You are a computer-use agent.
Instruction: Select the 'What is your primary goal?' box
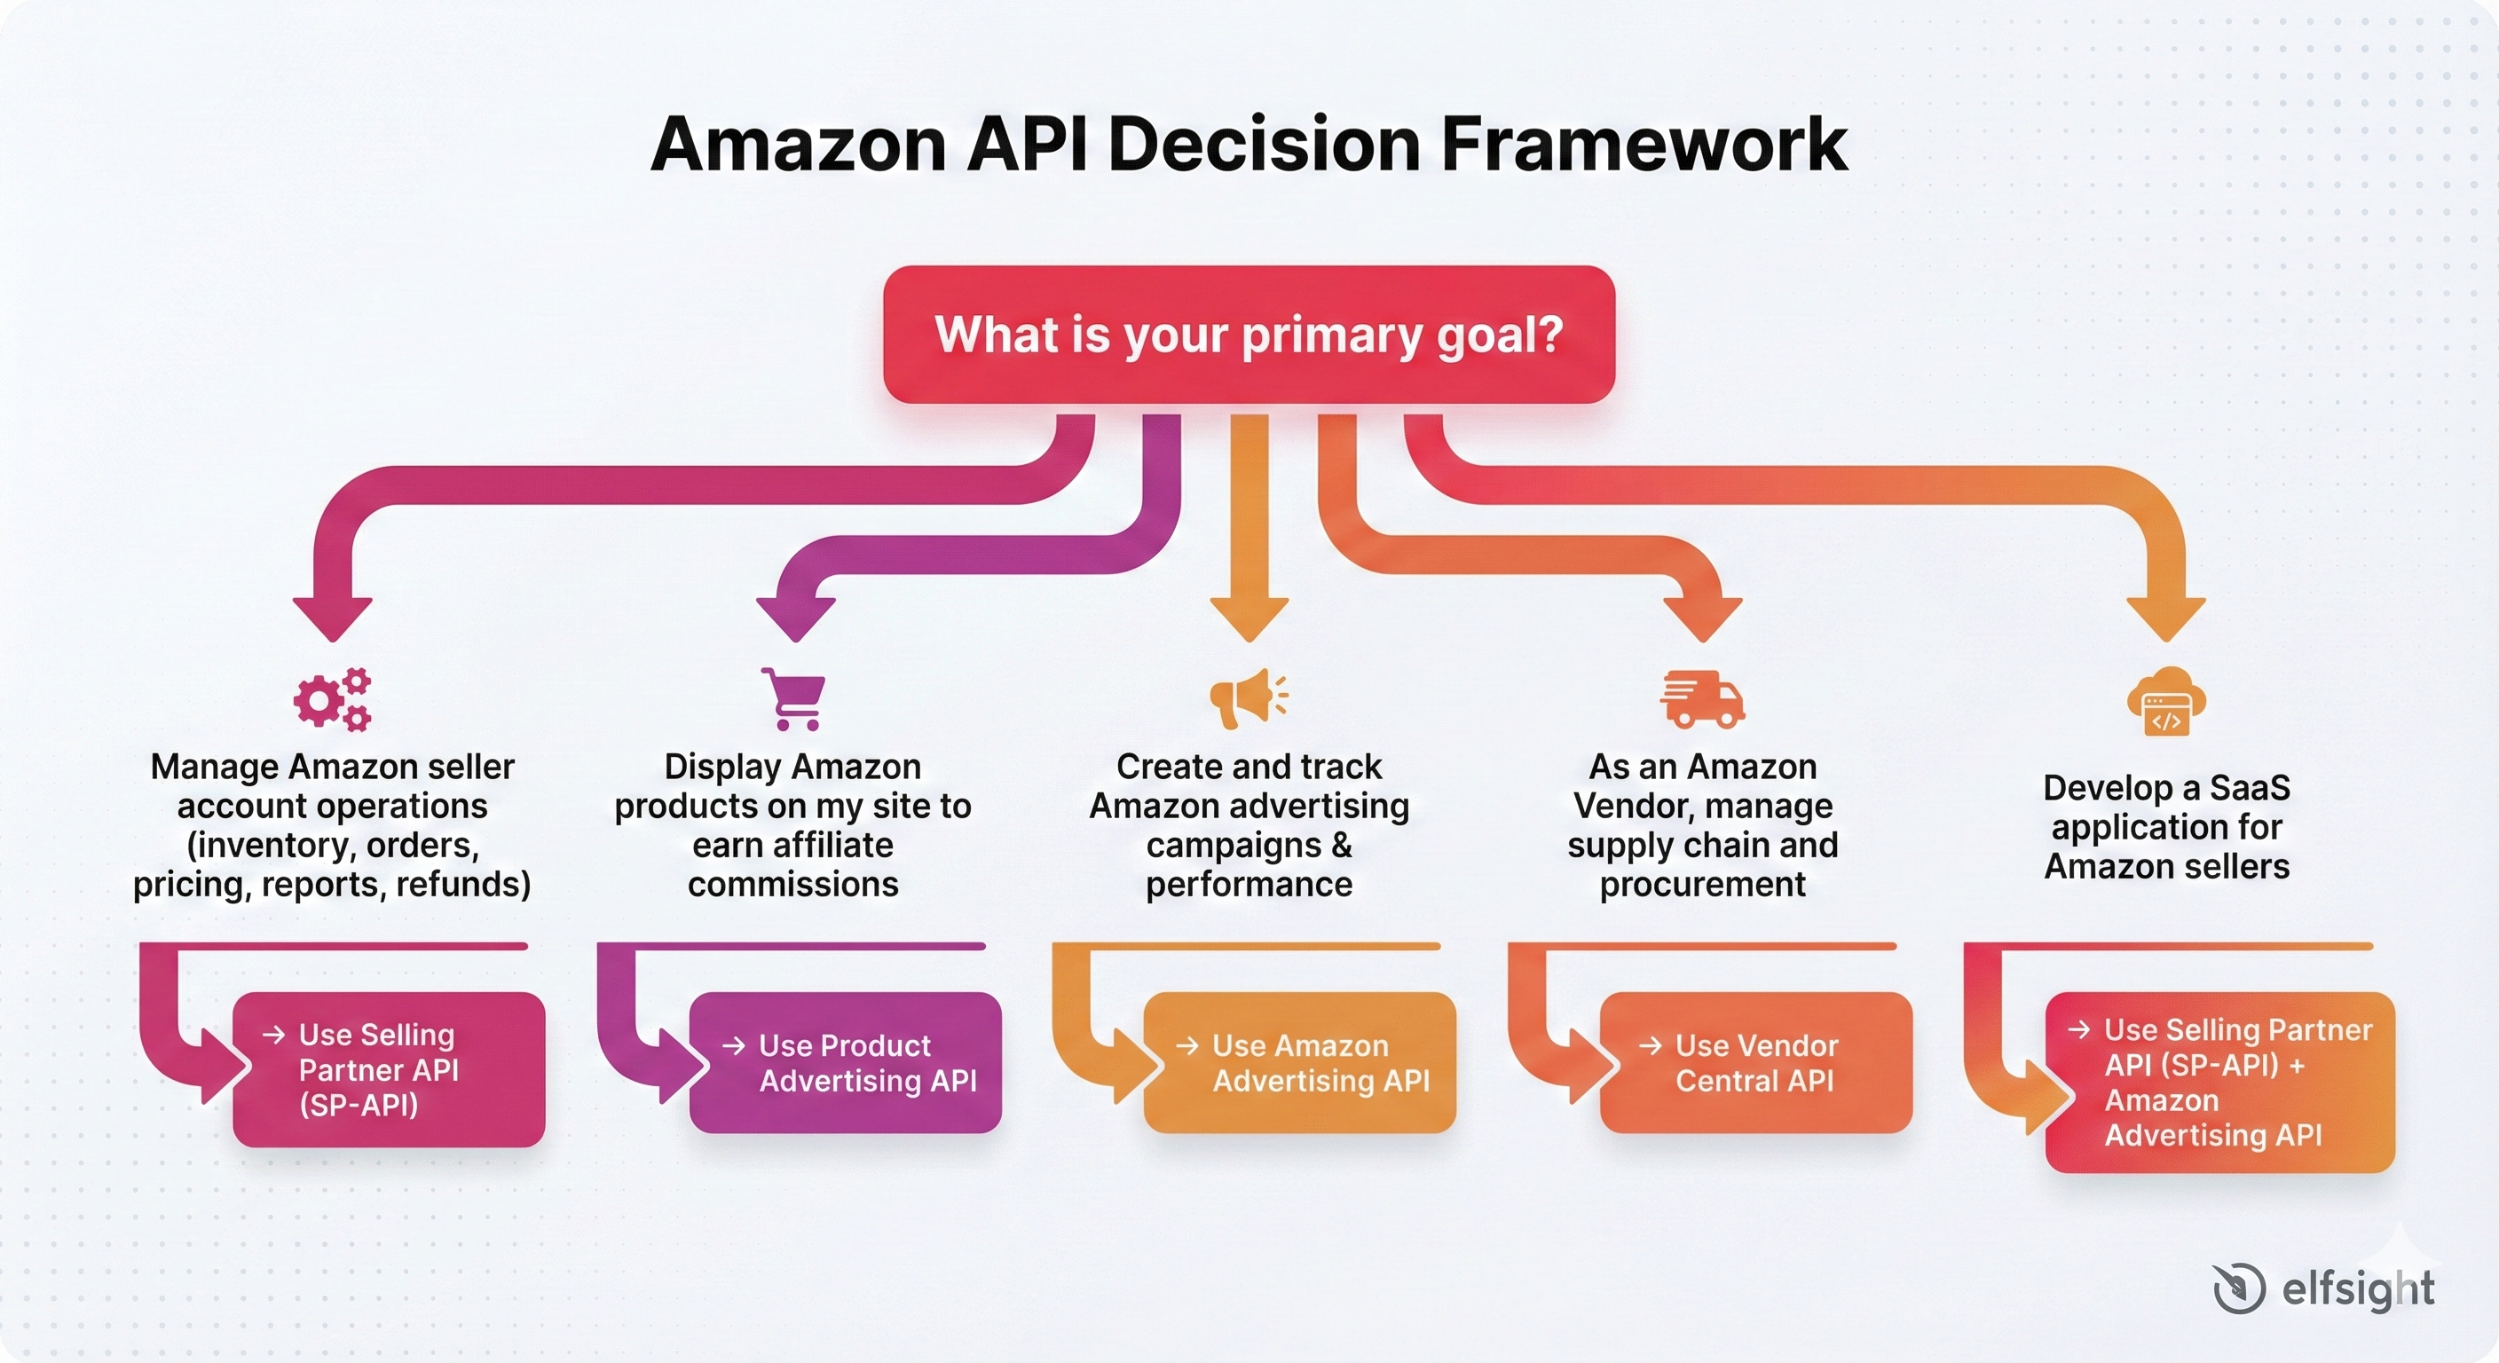pos(1249,335)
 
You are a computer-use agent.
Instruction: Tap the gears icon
pos(333,698)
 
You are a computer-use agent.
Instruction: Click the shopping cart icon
pos(793,698)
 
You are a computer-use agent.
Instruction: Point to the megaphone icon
pos(1249,697)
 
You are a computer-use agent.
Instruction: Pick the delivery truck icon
pos(1703,698)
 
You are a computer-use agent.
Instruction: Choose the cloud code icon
pos(2166,703)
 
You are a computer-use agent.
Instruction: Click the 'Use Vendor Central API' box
pos(1756,1062)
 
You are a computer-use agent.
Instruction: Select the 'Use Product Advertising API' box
pos(845,1062)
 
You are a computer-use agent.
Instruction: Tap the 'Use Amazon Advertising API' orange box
pos(1300,1062)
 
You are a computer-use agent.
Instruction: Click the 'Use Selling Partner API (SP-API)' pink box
pos(389,1069)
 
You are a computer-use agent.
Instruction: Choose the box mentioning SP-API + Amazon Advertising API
pos(2219,1082)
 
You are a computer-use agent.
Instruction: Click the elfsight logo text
pos(2357,1289)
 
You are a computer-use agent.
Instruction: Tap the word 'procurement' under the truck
pos(1703,885)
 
